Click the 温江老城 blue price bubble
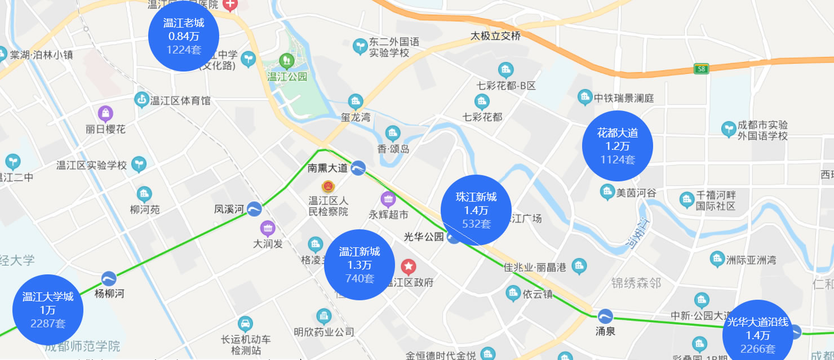[x=184, y=36]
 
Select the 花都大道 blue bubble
[x=618, y=146]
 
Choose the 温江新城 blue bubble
[x=360, y=264]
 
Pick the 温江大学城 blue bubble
[x=48, y=310]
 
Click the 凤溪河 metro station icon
[x=254, y=209]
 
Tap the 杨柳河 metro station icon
[x=109, y=279]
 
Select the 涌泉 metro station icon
[x=606, y=316]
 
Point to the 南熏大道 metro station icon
[x=358, y=167]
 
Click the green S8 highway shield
[x=700, y=69]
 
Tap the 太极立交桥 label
[x=495, y=37]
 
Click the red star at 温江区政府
[x=409, y=266]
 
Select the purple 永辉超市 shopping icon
[x=388, y=199]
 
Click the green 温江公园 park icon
[x=287, y=59]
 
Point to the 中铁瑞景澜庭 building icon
[x=585, y=97]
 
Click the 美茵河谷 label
[x=636, y=193]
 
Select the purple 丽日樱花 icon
[x=105, y=114]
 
